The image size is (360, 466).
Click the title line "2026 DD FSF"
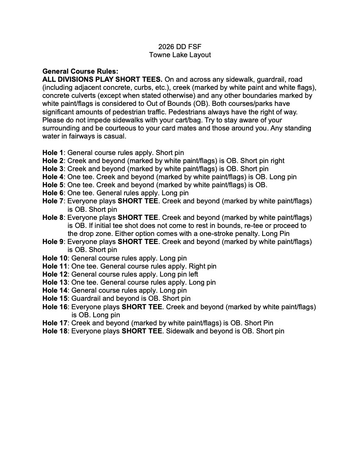click(180, 47)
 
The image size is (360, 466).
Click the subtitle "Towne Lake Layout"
click(180, 55)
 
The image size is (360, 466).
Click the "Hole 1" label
click(53, 153)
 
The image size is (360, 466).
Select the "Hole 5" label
click(53, 185)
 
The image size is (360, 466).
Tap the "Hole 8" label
click(53, 218)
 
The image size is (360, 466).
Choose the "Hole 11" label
click(55, 266)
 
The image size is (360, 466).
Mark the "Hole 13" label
click(55, 283)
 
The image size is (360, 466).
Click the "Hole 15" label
click(55, 299)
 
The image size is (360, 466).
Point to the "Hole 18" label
click(55, 331)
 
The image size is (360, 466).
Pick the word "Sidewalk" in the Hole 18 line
click(180, 331)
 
